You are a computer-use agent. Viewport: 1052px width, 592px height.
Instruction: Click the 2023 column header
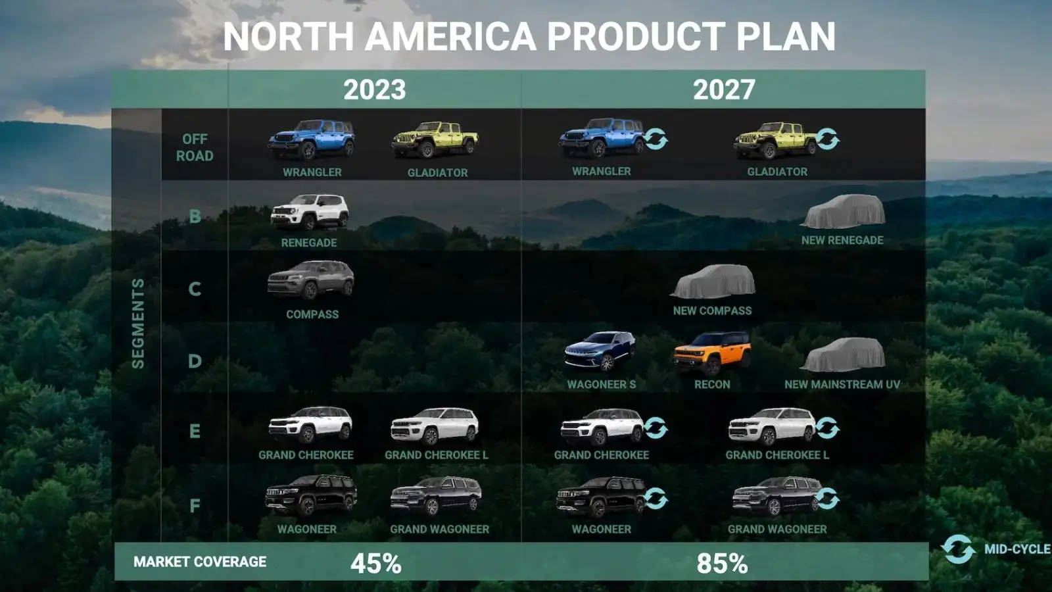(x=374, y=89)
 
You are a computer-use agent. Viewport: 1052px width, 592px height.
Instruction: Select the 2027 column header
(x=724, y=89)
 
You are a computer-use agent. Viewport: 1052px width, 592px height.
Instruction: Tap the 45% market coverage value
(x=375, y=563)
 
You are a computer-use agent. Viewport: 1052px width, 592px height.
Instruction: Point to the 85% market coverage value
(x=722, y=563)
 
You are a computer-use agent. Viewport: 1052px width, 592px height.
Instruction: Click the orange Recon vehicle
(x=712, y=353)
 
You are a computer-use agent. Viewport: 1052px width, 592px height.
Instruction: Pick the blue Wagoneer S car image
(x=600, y=351)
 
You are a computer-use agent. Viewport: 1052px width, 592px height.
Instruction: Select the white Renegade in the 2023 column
(x=310, y=212)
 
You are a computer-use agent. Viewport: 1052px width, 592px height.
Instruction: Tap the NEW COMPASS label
(x=712, y=310)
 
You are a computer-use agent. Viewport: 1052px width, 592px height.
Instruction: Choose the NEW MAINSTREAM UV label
(x=842, y=384)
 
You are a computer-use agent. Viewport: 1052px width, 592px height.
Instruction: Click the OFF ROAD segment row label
(x=195, y=147)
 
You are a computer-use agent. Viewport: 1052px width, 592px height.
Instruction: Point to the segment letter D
(x=195, y=361)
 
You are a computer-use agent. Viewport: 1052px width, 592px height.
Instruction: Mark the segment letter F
(x=195, y=506)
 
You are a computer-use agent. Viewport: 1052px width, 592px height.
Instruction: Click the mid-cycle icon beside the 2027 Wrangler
(x=656, y=139)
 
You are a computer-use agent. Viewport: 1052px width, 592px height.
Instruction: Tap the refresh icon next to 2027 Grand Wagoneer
(x=827, y=499)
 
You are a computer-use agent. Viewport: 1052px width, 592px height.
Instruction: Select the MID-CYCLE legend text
(x=1018, y=549)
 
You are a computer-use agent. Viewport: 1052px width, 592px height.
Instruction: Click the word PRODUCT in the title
(x=635, y=36)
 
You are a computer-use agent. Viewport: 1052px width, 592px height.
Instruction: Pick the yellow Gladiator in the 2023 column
(x=435, y=139)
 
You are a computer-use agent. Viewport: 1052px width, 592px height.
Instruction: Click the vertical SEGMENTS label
(x=137, y=323)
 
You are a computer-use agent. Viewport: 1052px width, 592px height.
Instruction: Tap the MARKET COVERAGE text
(x=200, y=562)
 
